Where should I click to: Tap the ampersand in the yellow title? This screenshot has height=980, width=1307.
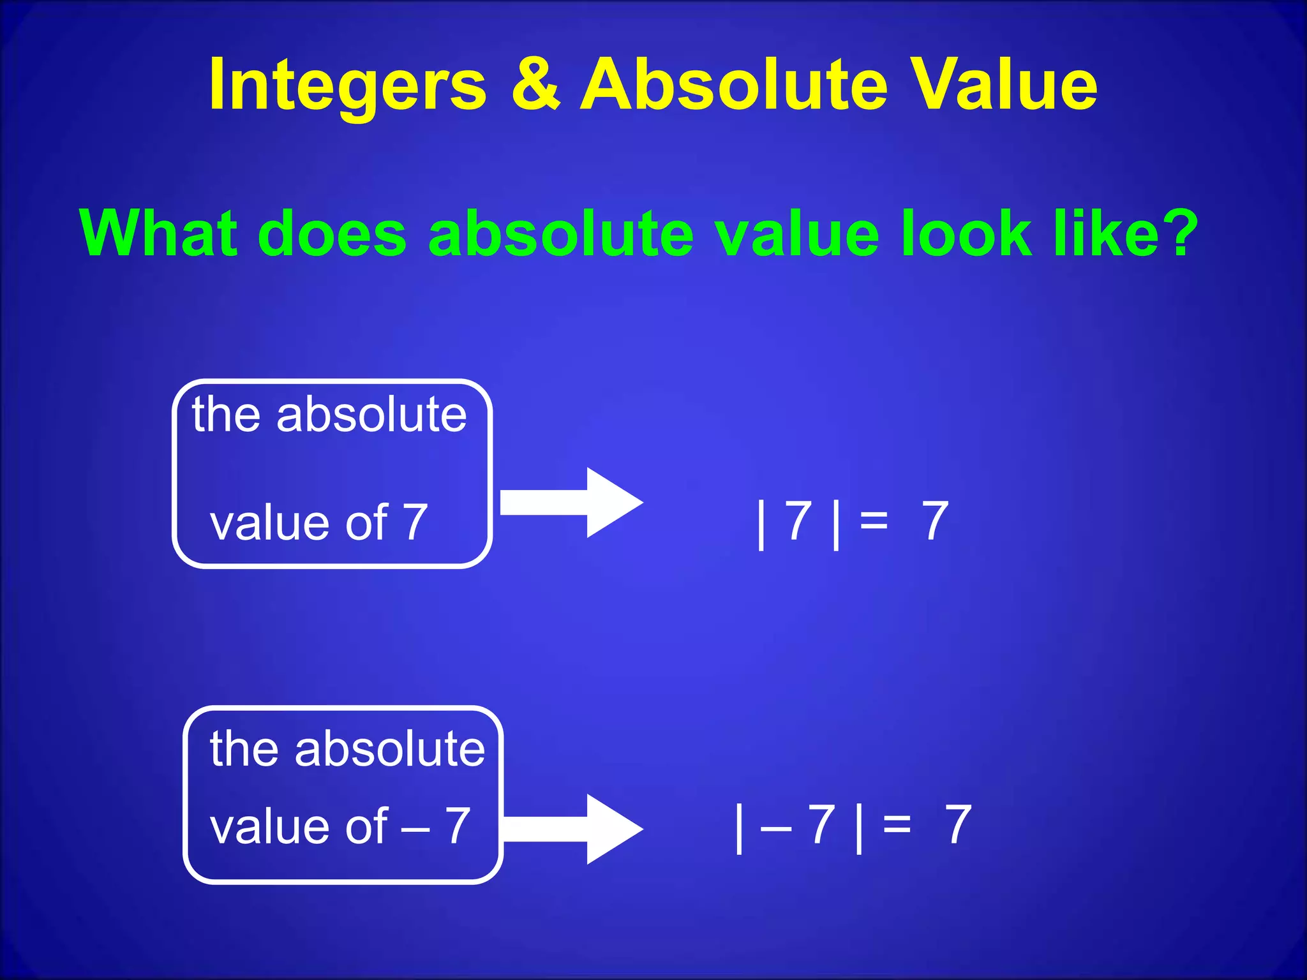pyautogui.click(x=535, y=84)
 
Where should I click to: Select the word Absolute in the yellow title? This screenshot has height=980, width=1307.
pyautogui.click(x=733, y=84)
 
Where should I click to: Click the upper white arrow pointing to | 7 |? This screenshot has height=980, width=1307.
pyautogui.click(x=571, y=503)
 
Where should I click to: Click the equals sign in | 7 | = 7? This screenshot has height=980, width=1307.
pyautogui.click(x=874, y=521)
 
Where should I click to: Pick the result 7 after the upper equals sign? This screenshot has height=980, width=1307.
pyautogui.click(x=935, y=521)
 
